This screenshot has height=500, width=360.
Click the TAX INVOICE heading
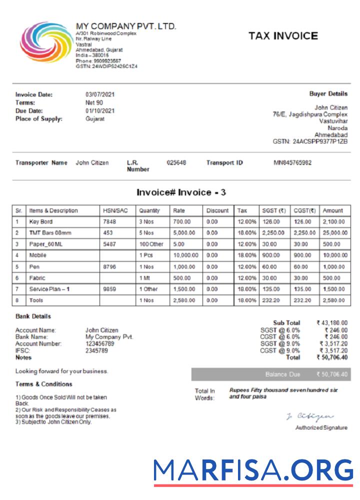(x=283, y=36)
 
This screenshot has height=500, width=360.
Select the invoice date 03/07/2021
(x=100, y=94)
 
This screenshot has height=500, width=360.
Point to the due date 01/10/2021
(x=100, y=110)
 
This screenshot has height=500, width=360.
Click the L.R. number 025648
(x=176, y=163)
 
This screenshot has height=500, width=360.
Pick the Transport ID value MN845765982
(x=292, y=163)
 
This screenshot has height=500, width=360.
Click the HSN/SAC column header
(x=115, y=211)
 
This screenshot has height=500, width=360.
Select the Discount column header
(x=217, y=211)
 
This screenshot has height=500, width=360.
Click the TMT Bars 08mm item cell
(x=50, y=233)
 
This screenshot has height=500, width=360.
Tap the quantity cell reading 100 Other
(x=151, y=244)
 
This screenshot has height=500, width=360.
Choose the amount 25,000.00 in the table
(x=335, y=233)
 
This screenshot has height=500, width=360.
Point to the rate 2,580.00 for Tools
(x=185, y=300)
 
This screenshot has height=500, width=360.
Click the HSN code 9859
(x=109, y=289)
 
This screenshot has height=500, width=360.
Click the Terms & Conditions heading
(x=43, y=384)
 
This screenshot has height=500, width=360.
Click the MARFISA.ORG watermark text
(x=253, y=469)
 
